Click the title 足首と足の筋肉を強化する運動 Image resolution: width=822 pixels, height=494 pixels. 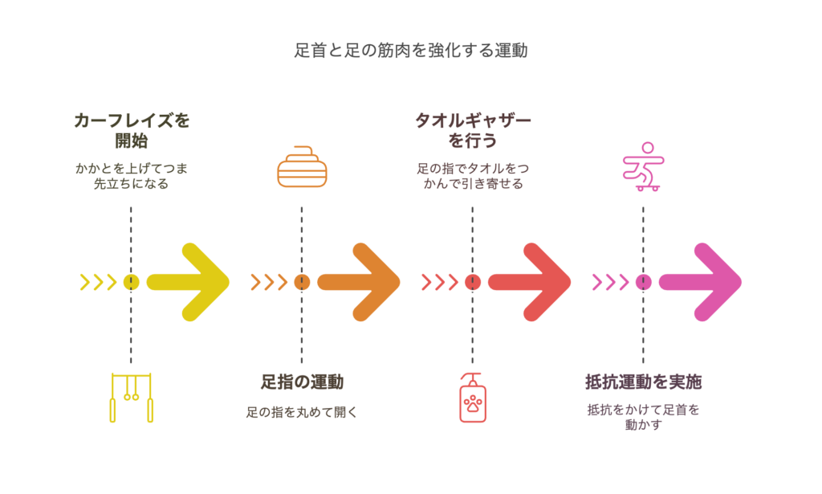(410, 51)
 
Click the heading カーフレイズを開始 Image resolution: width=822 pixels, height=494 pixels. (132, 130)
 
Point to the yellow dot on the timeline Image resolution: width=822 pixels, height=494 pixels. (132, 282)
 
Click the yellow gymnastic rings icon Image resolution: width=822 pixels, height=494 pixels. (131, 397)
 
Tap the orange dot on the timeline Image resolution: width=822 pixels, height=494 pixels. (302, 282)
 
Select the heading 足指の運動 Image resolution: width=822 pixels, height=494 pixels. (302, 382)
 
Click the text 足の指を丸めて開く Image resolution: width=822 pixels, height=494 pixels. (302, 414)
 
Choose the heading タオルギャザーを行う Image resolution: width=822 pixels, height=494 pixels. (473, 130)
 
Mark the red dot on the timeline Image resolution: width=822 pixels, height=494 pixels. (473, 282)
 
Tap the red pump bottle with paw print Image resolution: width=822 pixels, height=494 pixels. (472, 398)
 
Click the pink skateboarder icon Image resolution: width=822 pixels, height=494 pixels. (644, 167)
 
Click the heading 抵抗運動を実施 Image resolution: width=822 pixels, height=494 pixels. (644, 382)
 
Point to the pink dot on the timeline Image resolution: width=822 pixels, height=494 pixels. (644, 282)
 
